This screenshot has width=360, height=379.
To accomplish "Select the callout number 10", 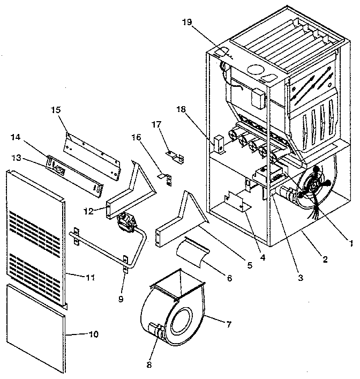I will (93, 334).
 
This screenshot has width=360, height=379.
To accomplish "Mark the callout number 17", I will (155, 125).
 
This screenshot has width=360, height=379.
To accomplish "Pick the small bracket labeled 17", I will (175, 156).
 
